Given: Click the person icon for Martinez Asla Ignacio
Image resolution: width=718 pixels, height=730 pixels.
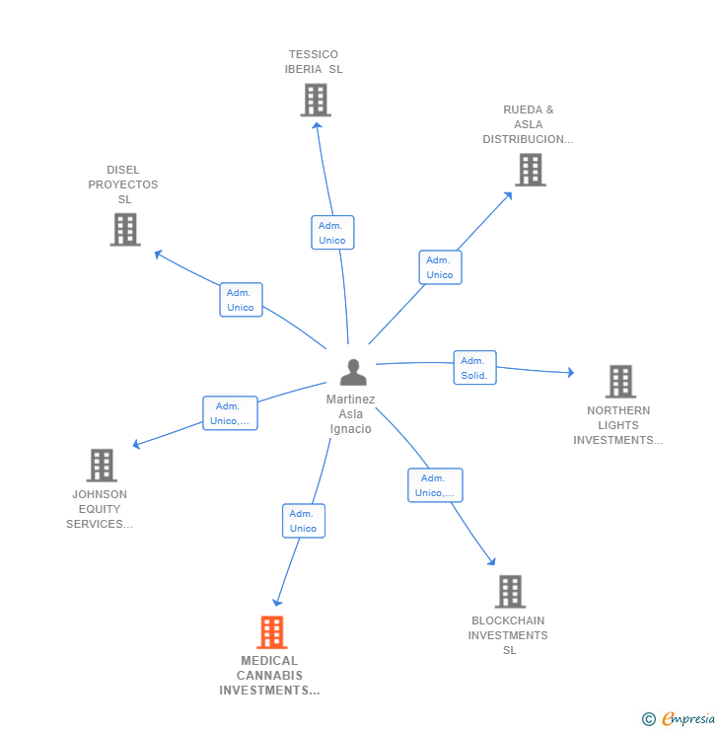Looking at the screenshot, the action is click(353, 372).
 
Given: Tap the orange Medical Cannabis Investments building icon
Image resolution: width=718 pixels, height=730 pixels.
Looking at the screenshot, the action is click(272, 632).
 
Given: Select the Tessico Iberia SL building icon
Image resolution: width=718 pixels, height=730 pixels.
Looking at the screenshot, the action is click(316, 100).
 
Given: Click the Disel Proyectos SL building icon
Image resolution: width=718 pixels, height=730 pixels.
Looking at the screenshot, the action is click(125, 230).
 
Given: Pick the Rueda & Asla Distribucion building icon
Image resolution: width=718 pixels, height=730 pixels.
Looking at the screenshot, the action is click(531, 170).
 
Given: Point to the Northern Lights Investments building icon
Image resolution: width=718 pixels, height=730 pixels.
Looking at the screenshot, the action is click(620, 382).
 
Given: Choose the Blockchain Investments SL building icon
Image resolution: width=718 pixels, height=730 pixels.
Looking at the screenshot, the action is click(510, 592).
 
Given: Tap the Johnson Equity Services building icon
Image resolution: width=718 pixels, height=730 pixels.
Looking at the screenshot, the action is click(102, 465).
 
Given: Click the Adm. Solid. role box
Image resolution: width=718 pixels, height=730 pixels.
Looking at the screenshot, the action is click(474, 367).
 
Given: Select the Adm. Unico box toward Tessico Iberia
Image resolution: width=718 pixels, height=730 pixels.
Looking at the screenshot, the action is click(332, 232).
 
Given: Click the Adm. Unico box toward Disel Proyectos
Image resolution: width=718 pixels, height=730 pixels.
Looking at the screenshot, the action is click(241, 299).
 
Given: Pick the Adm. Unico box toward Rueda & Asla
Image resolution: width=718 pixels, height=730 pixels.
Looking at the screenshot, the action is click(440, 267).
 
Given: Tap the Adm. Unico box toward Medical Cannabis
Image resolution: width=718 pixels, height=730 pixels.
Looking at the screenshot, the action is click(304, 521).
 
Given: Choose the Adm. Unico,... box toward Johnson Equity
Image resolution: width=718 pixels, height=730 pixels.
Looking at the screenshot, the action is click(230, 413).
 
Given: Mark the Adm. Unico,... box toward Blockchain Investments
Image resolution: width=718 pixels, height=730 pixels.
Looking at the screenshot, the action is click(435, 485).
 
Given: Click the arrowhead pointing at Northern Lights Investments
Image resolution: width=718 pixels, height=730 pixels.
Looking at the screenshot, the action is click(570, 372).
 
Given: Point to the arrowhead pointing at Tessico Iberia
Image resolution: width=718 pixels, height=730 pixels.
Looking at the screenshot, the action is click(317, 125).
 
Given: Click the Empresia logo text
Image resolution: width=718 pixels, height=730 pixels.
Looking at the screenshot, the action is click(688, 719).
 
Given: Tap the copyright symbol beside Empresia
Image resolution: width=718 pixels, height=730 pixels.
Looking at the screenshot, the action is click(649, 719).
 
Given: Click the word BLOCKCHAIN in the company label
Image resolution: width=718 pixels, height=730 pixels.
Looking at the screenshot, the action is click(508, 620).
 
